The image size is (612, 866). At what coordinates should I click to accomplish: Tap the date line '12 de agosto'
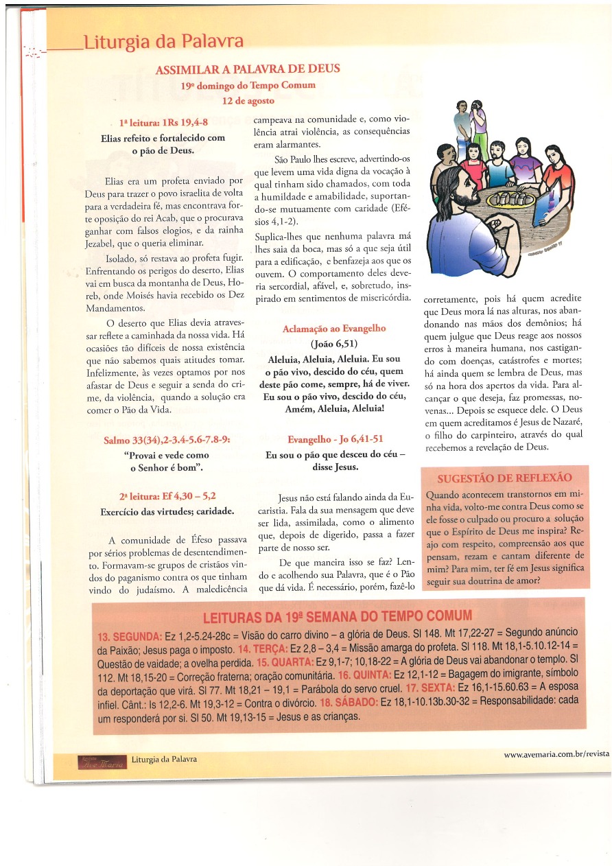(x=248, y=100)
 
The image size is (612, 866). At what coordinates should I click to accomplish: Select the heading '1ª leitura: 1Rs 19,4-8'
(x=163, y=124)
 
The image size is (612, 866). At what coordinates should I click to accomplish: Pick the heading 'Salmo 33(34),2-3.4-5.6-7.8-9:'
(x=167, y=440)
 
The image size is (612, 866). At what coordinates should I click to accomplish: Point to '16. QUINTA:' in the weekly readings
(x=364, y=678)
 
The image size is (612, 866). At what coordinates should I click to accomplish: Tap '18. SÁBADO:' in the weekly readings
(x=348, y=701)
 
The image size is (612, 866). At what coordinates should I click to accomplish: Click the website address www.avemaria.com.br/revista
(x=556, y=753)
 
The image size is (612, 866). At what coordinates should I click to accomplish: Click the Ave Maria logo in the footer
(x=102, y=761)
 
